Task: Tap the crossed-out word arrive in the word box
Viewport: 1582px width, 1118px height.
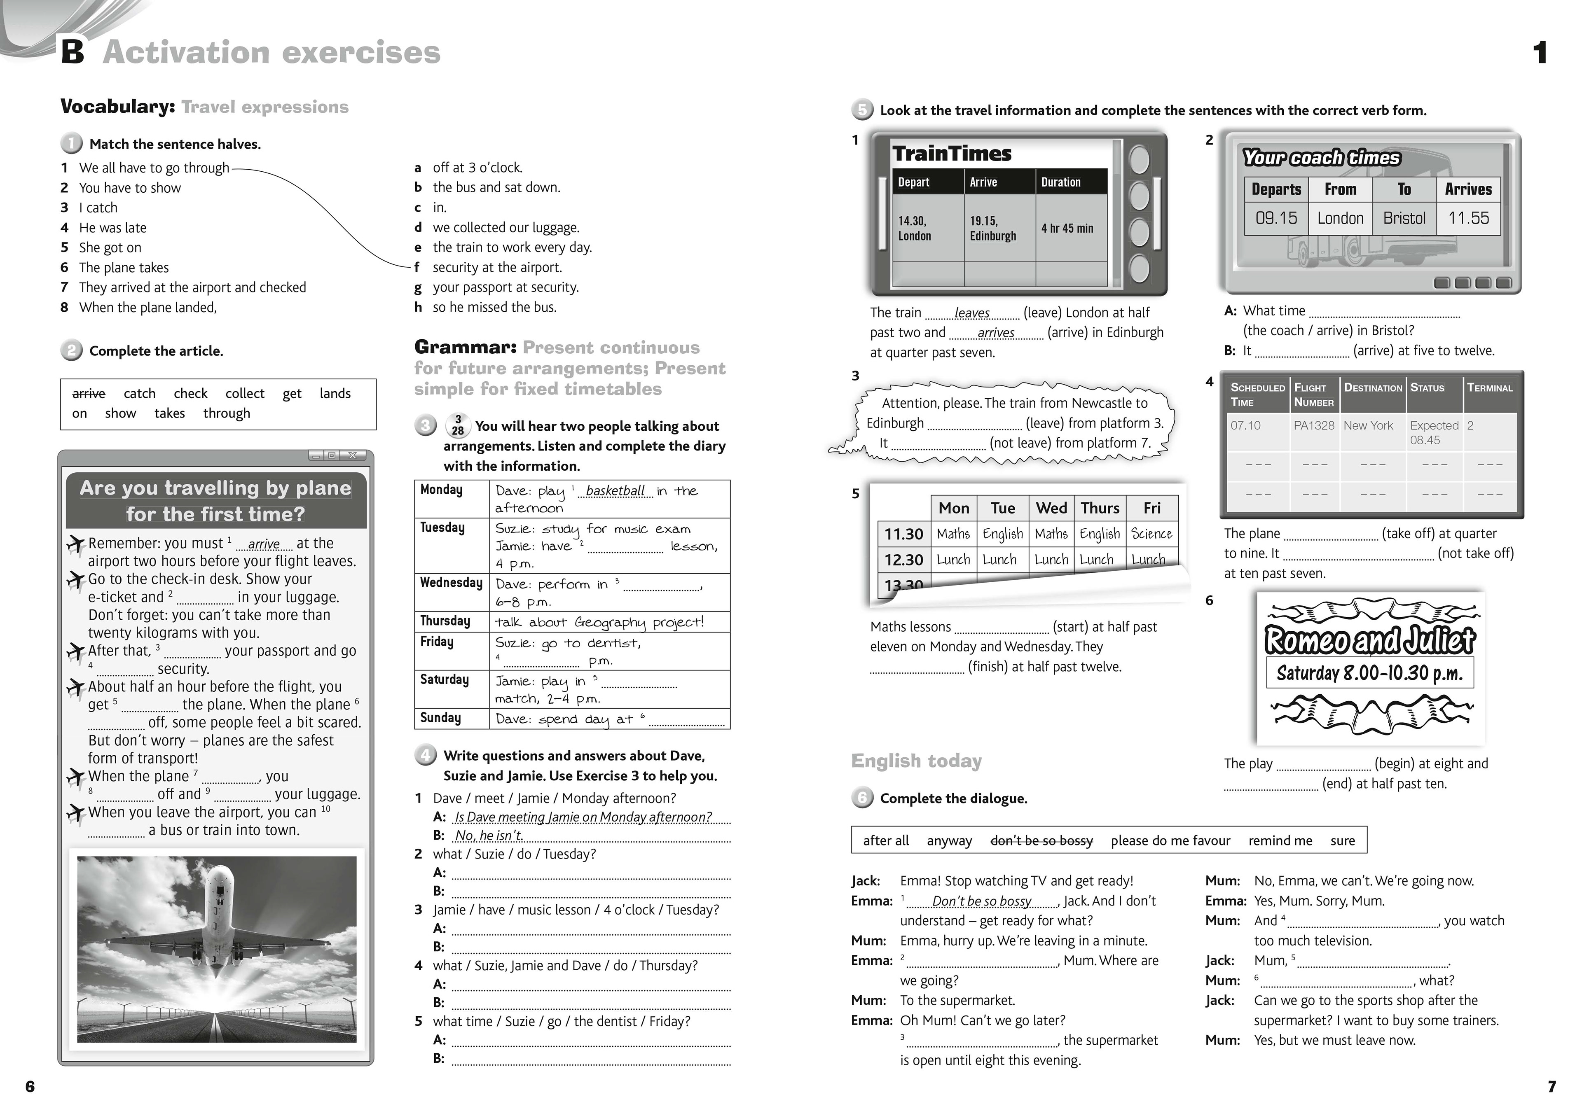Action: (89, 393)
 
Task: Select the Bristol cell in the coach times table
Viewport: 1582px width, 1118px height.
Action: (1404, 218)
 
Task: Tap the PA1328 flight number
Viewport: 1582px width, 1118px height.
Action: (1313, 426)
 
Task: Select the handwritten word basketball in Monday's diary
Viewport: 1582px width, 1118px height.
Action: (615, 490)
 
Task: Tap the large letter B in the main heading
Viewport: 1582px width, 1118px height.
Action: (73, 52)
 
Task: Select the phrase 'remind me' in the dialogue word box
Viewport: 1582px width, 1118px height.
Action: (1280, 840)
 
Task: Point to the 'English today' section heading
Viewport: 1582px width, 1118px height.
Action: (916, 761)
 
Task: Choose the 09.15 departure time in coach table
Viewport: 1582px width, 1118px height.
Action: (1275, 218)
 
